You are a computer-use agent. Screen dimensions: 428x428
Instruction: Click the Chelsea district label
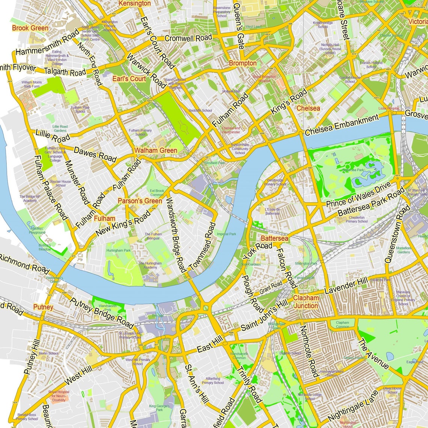308,108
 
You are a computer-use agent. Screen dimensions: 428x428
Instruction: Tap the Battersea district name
274,238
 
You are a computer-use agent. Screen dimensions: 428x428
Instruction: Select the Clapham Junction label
306,301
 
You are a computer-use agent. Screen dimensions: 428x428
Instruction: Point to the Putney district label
43,307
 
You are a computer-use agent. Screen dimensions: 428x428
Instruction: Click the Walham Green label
156,150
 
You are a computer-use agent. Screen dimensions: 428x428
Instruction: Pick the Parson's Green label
140,201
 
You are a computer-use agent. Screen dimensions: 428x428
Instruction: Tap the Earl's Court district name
129,78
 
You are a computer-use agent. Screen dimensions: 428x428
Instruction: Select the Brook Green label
30,28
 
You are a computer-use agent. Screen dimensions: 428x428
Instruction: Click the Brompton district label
243,63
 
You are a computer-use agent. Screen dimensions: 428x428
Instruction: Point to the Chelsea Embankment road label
342,125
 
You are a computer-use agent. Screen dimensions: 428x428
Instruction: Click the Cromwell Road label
188,38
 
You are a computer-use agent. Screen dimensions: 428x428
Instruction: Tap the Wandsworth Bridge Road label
175,235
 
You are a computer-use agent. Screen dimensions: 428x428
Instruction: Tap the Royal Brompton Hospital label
264,78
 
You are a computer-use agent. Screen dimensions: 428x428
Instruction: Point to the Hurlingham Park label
119,250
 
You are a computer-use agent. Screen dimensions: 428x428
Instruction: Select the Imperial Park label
226,234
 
